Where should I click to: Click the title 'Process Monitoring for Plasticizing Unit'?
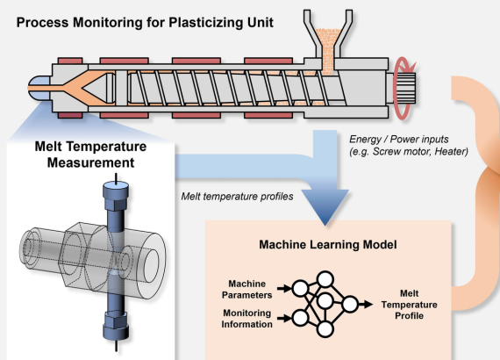coord(145,23)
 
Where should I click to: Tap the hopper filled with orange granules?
coord(328,41)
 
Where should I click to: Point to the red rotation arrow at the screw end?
coord(403,89)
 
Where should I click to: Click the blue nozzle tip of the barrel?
coord(39,88)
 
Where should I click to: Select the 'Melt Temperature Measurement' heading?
coord(90,155)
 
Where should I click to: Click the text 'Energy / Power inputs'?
coord(398,139)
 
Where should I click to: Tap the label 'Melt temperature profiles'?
coord(237,197)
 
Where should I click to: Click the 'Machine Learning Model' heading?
coord(328,245)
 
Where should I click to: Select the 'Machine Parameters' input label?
coord(246,289)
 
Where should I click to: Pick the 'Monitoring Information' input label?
coord(246,319)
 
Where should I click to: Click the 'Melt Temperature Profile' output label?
coord(409,305)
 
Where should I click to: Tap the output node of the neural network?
coord(350,304)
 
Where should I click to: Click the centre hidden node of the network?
coord(325,301)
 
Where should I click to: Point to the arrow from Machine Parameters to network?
coord(284,289)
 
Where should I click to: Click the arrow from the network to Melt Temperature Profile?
coord(366,304)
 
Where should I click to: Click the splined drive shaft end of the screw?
coord(405,89)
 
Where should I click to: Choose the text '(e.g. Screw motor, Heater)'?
coord(409,151)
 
